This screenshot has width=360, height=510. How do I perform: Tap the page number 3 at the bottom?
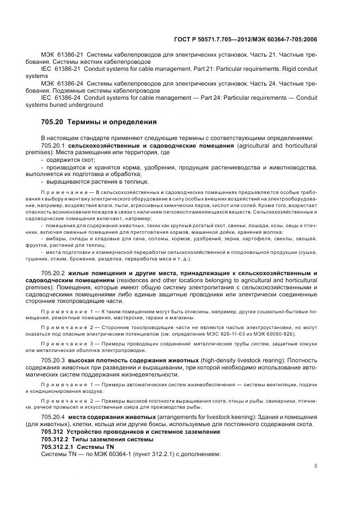pos(315,465)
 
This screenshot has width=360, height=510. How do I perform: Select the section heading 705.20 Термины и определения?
pos(99,122)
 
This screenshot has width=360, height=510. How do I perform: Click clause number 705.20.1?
pos(53,146)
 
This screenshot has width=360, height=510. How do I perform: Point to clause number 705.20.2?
pos(53,272)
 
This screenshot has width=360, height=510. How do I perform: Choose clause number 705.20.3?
pos(53,361)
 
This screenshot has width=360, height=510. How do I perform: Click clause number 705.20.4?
pos(53,417)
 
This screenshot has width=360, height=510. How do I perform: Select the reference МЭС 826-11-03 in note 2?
pos(241,333)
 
